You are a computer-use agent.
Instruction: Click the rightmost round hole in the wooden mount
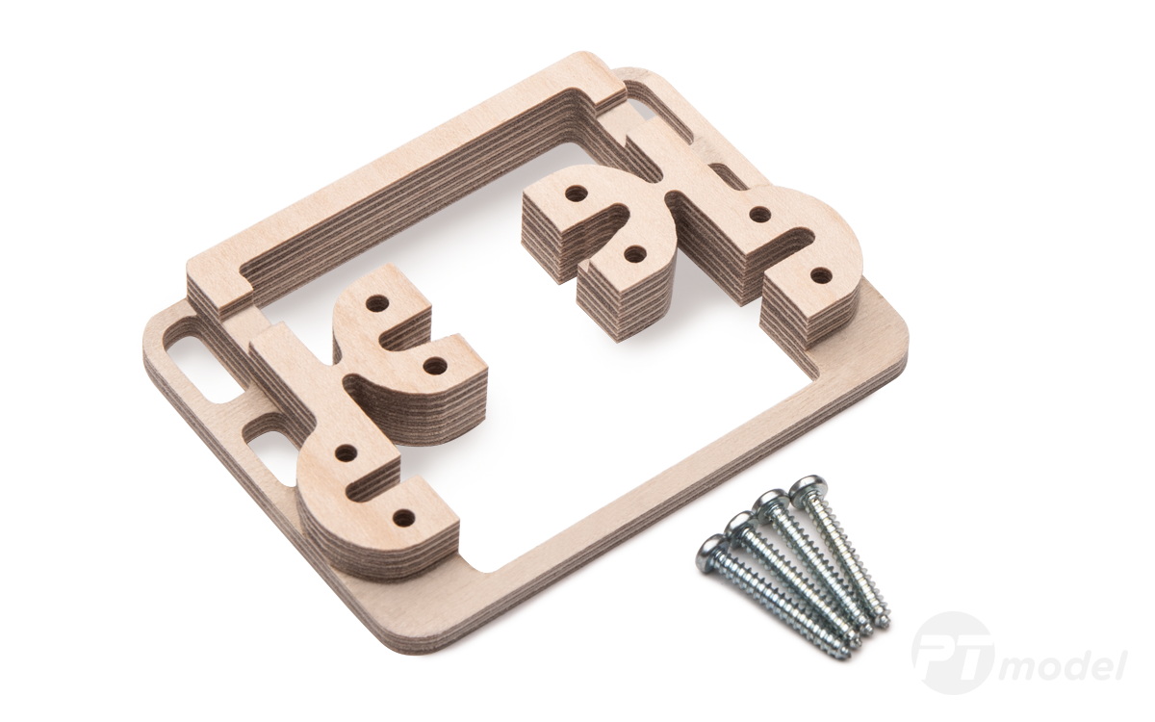point(819,276)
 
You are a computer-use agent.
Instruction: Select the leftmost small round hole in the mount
point(342,451)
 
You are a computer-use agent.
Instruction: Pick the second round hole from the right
point(758,214)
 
